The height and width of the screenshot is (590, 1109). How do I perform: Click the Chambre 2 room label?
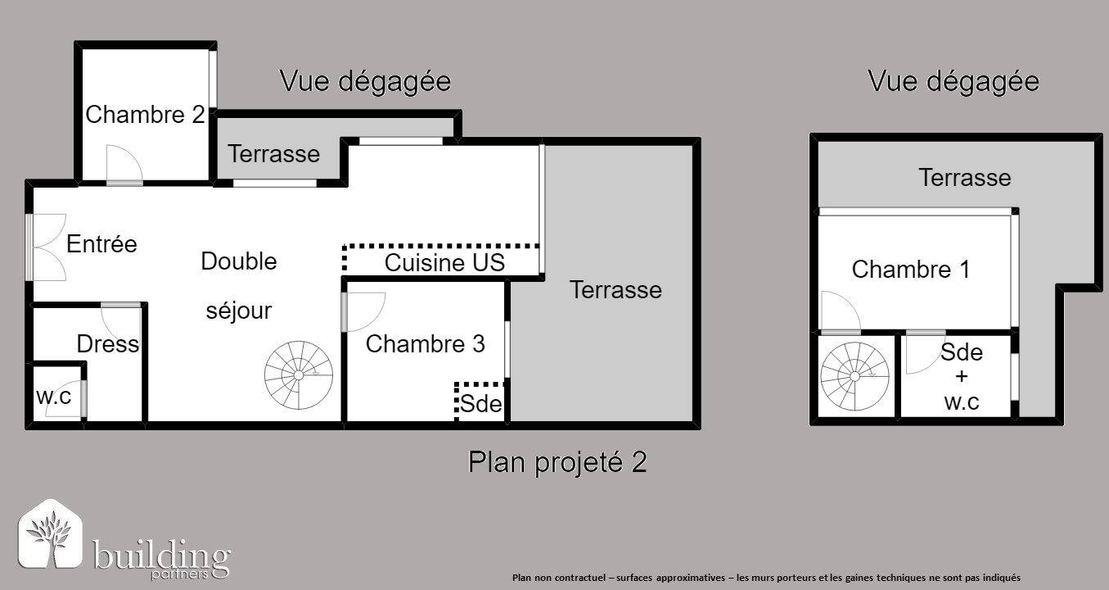pos(145,115)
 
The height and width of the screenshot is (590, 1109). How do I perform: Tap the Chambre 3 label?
pos(426,344)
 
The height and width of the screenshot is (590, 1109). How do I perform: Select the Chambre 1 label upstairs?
pos(910,270)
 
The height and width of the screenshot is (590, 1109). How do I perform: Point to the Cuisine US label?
pos(444,263)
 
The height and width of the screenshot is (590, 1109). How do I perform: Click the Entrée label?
pos(101,244)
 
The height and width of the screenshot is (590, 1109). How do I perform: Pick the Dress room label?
pos(108,344)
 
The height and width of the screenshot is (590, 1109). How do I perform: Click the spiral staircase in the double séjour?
pos(299,375)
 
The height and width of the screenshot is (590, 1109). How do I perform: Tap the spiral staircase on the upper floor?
pos(855,376)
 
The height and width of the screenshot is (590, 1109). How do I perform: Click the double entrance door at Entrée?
pos(47,247)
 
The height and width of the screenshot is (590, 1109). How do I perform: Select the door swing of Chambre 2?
pos(124,165)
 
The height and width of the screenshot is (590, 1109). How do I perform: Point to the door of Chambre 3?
pos(363,312)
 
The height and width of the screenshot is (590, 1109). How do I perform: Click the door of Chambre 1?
pos(841,312)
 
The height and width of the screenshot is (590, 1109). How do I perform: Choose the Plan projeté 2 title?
pos(557,462)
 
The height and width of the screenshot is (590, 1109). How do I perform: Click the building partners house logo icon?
pos(50,533)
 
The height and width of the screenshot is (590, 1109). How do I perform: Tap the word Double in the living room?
pos(239,261)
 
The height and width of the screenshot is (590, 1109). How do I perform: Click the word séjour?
pos(239,311)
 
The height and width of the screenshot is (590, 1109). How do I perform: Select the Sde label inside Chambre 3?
pos(480,404)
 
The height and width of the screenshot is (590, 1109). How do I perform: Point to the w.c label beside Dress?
pos(53,397)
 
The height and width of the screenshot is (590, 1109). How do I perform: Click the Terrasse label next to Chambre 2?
pos(274,154)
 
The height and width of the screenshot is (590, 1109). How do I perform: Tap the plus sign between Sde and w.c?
pos(962,376)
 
